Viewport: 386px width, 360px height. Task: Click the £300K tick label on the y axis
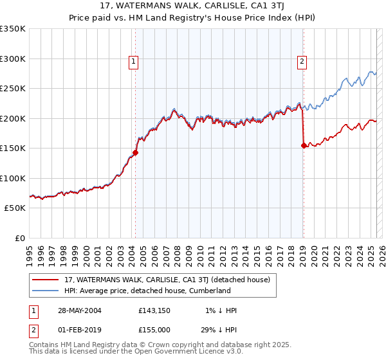tap(13, 59)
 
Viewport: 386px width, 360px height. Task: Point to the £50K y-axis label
tap(15, 208)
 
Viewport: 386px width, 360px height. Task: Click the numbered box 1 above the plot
tap(133, 62)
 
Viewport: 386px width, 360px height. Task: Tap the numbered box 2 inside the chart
tap(302, 62)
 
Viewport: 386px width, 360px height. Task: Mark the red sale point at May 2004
tap(136, 152)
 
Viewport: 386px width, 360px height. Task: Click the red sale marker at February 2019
tap(303, 145)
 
